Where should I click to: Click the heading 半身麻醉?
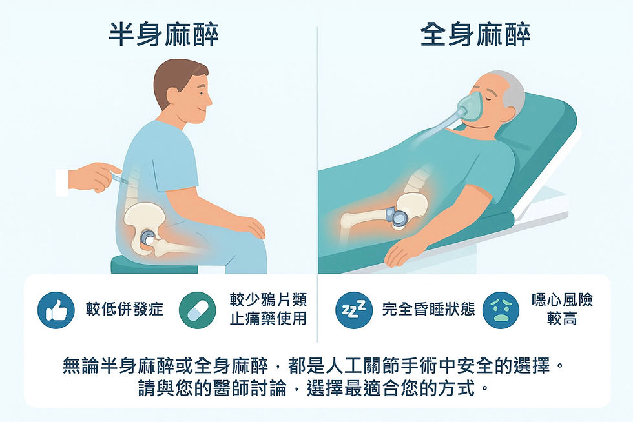click(x=163, y=35)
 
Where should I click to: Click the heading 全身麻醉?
click(x=475, y=35)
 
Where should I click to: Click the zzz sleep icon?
click(x=353, y=309)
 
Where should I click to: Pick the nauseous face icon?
click(x=501, y=310)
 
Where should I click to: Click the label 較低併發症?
click(x=125, y=309)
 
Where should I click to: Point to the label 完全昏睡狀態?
click(x=428, y=309)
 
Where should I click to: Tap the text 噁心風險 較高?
click(x=561, y=309)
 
